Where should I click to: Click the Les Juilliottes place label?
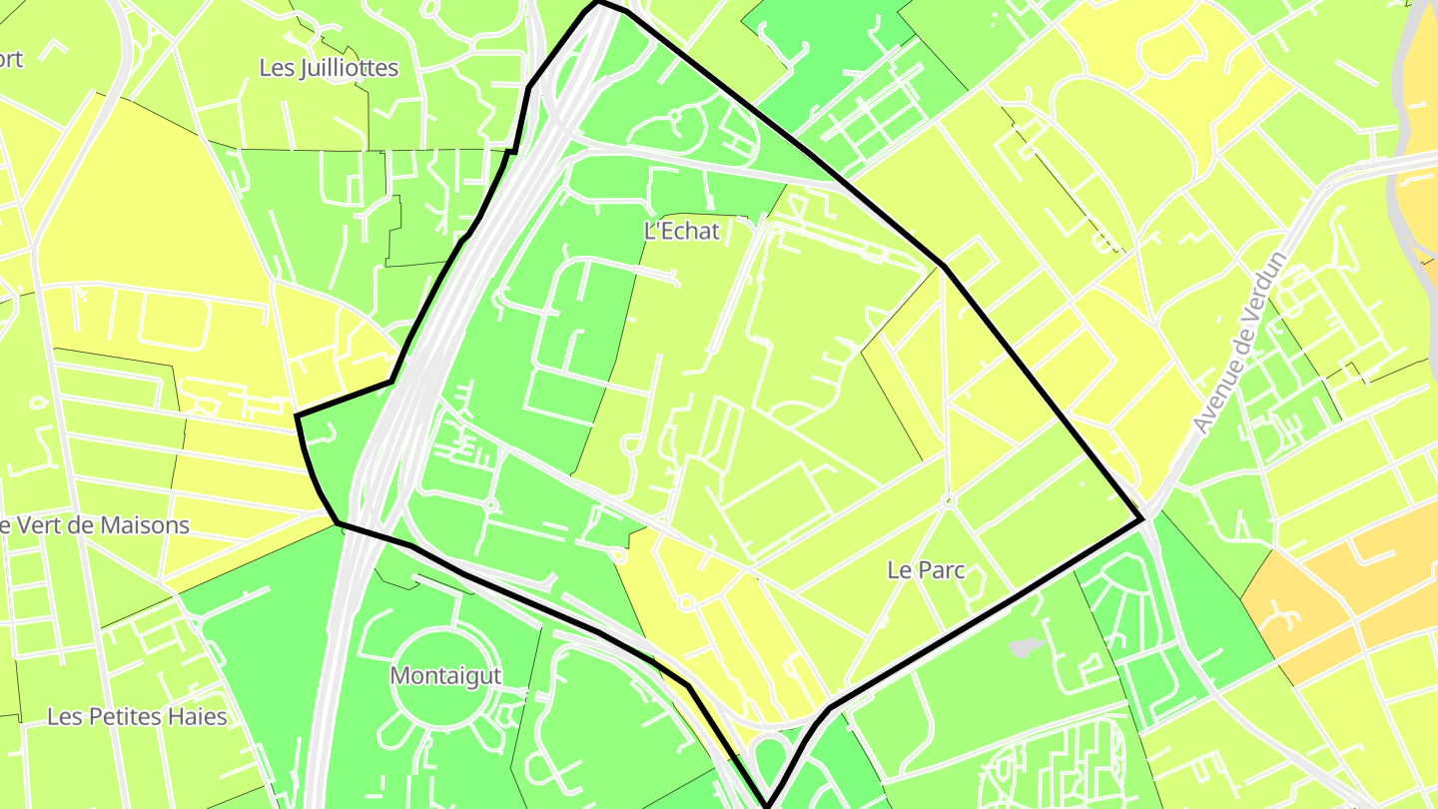(329, 68)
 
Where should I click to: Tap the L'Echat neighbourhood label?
(682, 231)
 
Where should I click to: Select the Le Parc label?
(926, 569)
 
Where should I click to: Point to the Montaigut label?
(445, 675)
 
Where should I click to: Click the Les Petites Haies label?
(137, 717)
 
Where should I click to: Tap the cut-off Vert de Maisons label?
(95, 525)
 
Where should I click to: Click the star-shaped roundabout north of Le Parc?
(947, 499)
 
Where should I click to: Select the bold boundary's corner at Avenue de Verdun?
(1141, 519)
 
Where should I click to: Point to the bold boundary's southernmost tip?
(768, 805)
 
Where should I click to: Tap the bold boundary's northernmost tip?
(599, 3)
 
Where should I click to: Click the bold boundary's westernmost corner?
(298, 415)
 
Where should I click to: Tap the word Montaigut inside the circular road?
(445, 675)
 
